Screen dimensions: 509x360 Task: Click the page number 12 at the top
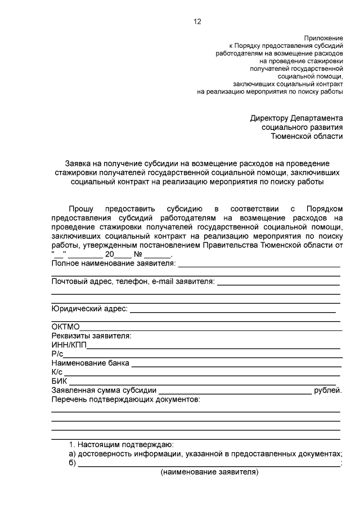click(x=196, y=22)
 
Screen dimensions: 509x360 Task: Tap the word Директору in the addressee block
click(x=269, y=119)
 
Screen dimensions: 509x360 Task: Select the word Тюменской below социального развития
click(x=291, y=137)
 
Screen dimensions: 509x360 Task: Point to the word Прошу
click(x=82, y=209)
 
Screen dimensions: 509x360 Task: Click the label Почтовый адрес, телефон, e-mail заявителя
click(x=133, y=281)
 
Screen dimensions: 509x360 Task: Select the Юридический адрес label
click(x=90, y=308)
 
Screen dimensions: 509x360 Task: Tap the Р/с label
click(x=57, y=354)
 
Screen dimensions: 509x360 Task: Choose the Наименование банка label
click(x=90, y=363)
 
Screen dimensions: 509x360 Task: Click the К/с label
click(x=57, y=372)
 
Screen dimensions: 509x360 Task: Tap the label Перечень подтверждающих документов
click(x=125, y=399)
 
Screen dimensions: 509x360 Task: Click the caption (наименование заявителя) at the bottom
click(x=209, y=472)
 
